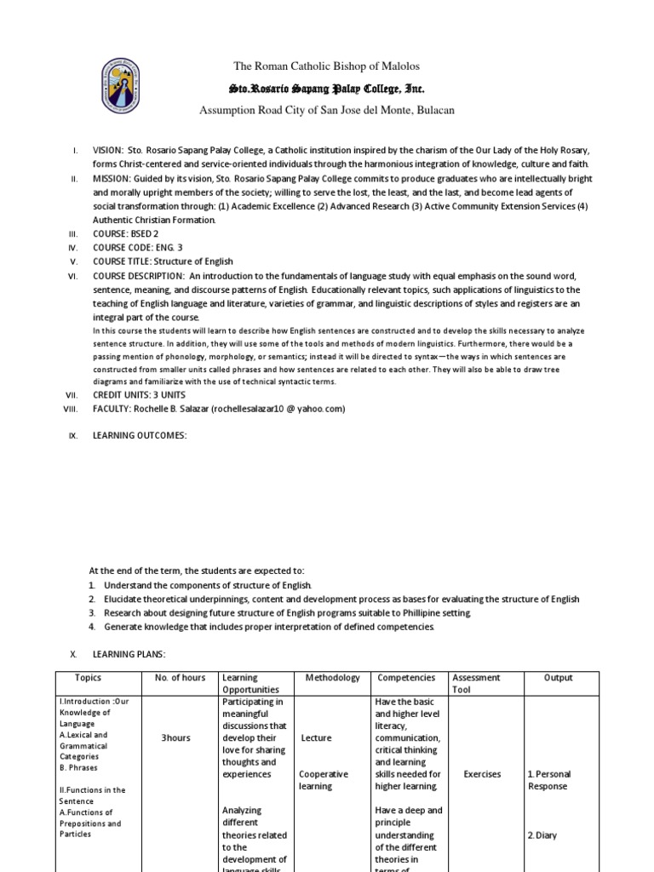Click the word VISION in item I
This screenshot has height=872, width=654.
(x=108, y=150)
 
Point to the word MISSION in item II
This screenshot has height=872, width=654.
(x=112, y=179)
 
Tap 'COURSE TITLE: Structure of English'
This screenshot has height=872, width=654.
(x=163, y=261)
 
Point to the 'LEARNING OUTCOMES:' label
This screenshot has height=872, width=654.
(x=139, y=436)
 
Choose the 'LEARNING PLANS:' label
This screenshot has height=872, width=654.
(x=129, y=653)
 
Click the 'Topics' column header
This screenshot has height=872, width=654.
(x=88, y=678)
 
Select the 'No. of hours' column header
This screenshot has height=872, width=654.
(x=181, y=678)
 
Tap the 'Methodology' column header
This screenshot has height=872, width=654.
(x=332, y=678)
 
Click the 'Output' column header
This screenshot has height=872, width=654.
(x=559, y=678)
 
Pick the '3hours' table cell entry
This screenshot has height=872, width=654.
(x=175, y=738)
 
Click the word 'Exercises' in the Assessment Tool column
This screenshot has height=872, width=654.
(x=482, y=774)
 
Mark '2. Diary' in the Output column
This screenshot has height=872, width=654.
(x=542, y=835)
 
